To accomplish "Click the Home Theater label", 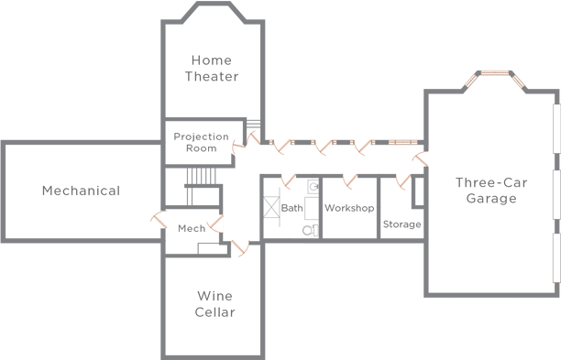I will (212, 69).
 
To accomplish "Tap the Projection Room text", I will (201, 143).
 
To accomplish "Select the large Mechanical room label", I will (81, 191).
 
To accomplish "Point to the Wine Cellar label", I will (215, 304).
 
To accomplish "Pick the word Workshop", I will (349, 208).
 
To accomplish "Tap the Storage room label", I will (401, 224).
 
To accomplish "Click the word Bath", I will (291, 208).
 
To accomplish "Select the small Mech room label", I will (191, 229).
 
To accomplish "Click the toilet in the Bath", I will (310, 229).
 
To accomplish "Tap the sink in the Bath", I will (313, 186).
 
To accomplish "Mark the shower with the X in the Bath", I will (272, 208).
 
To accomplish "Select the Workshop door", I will (348, 180).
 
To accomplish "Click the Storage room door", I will (401, 180).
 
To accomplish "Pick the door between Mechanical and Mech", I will (155, 221).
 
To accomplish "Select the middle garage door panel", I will (557, 194).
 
